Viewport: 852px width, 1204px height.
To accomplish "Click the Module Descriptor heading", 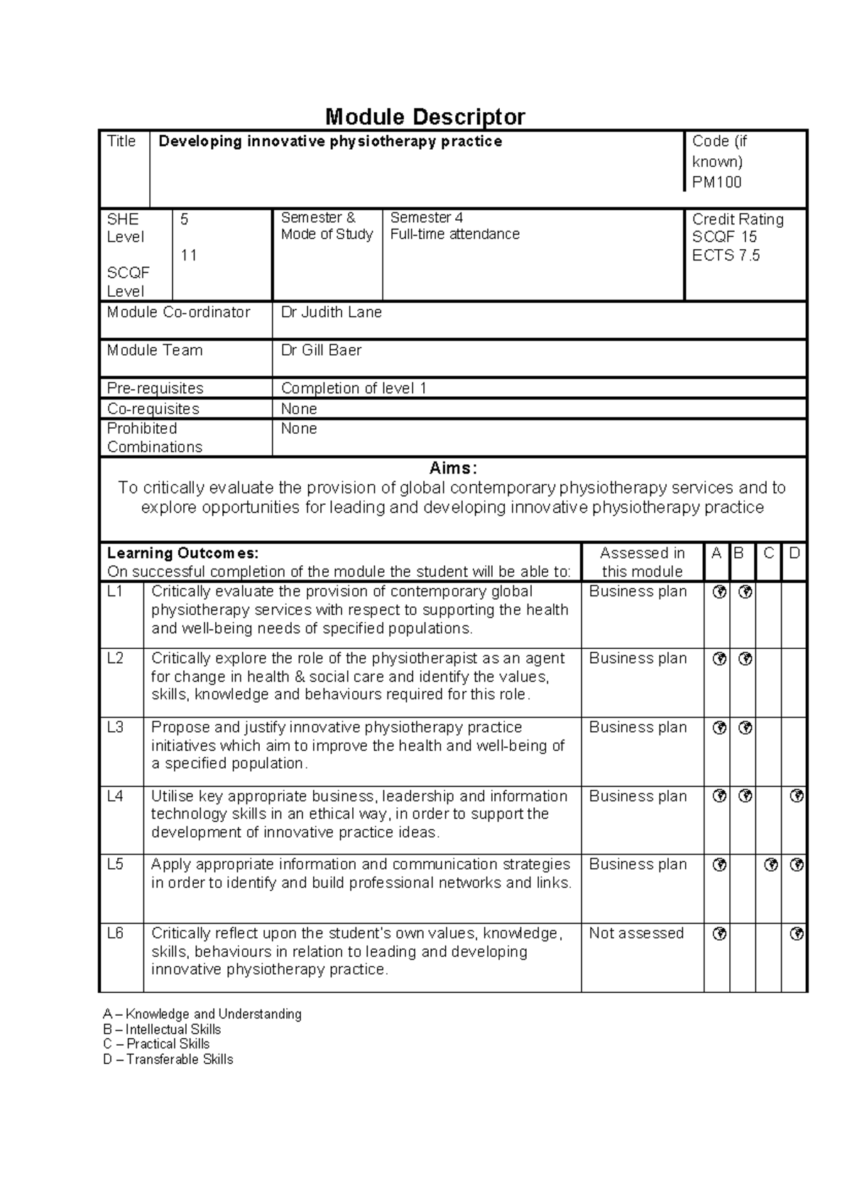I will [425, 116].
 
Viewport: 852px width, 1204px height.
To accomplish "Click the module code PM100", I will [716, 182].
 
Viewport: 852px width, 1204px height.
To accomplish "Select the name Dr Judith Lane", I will [331, 312].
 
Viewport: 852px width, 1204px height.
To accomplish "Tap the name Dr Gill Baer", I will [321, 350].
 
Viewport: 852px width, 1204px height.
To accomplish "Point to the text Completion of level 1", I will [354, 388].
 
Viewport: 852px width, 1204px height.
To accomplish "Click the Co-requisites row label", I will [153, 409].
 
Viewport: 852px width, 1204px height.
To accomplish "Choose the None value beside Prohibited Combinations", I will [298, 429].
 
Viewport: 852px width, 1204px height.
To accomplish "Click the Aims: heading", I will [453, 469].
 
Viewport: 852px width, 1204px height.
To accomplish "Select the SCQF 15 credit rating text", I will [724, 237].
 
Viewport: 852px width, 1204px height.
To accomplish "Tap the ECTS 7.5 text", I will [726, 256].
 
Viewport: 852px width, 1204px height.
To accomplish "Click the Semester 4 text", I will [426, 218].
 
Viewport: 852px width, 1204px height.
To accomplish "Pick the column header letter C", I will [768, 553].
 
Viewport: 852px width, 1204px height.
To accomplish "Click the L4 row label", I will [115, 797].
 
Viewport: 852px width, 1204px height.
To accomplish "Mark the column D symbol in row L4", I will [796, 797].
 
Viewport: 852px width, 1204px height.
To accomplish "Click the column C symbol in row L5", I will [770, 865].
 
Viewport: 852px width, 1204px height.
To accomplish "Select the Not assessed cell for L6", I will [636, 934].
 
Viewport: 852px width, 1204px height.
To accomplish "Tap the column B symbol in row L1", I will [744, 592].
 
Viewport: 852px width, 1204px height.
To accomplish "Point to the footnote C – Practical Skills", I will [156, 1044].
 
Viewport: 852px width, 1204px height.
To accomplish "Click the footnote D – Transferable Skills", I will [168, 1059].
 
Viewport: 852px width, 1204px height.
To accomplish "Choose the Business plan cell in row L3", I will [638, 728].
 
